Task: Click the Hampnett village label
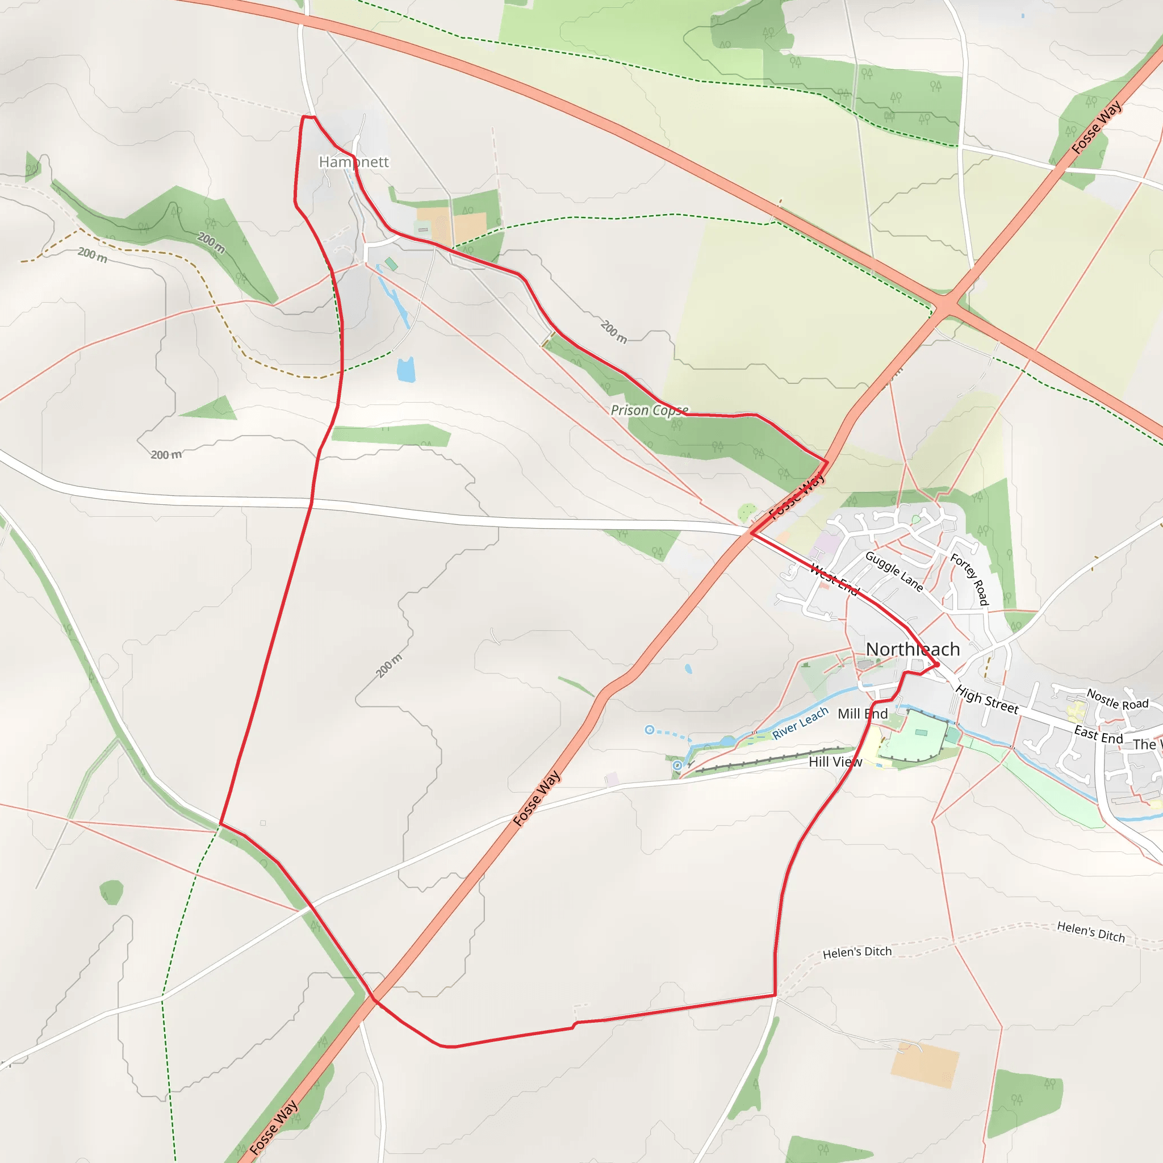pos(354,162)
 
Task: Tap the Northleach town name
pos(913,650)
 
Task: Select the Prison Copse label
pos(649,410)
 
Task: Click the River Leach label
pos(800,723)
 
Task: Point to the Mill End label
pos(863,714)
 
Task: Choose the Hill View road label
pos(835,762)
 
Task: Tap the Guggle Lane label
pos(894,571)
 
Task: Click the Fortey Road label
pos(969,579)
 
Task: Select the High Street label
pos(987,700)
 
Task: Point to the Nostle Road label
pos(1117,700)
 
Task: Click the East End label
pos(1099,735)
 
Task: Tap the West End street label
pos(834,579)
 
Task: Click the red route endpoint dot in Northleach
pos(937,664)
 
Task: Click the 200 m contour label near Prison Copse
pos(614,332)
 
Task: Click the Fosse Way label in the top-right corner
pos(1097,127)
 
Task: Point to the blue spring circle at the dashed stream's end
pos(650,730)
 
